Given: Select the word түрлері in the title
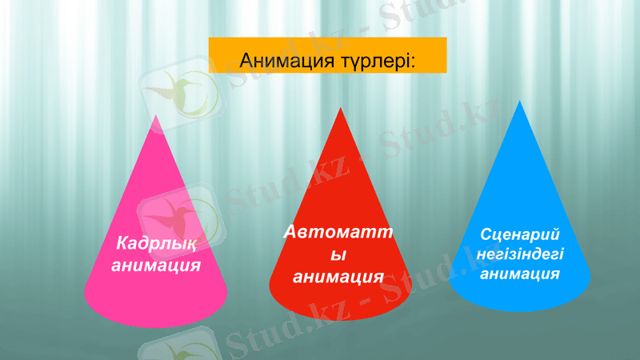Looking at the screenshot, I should [x=369, y=60].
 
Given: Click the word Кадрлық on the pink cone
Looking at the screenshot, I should [x=154, y=242].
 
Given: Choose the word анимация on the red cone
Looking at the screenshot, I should [x=338, y=277].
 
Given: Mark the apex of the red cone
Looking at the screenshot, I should [x=342, y=109].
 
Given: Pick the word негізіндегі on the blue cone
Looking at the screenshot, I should [x=519, y=254].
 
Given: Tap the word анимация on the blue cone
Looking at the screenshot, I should [x=519, y=274].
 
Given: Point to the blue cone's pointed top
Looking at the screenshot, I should [x=521, y=102].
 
